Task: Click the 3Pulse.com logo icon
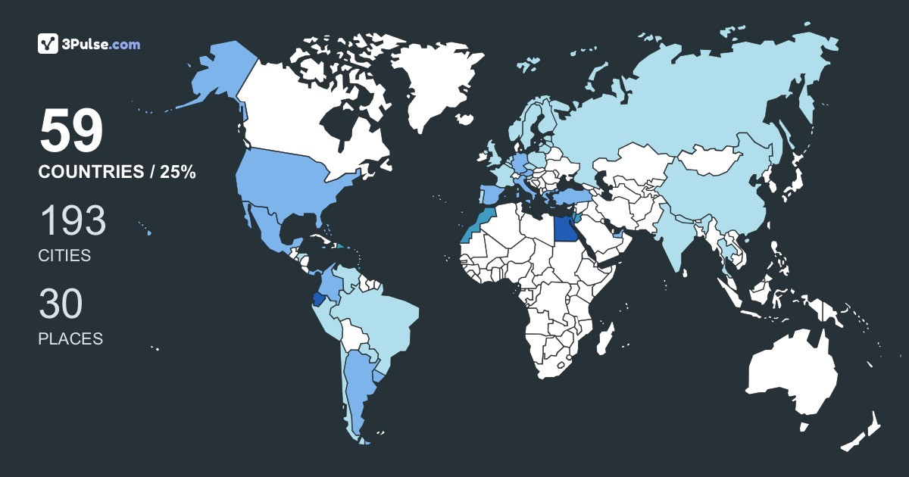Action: pyautogui.click(x=48, y=44)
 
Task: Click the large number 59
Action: pyautogui.click(x=71, y=132)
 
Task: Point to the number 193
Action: pyautogui.click(x=72, y=222)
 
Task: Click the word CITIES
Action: pyautogui.click(x=64, y=256)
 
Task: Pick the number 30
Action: pyautogui.click(x=61, y=304)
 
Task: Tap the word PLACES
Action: pyautogui.click(x=70, y=338)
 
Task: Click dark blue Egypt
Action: pyautogui.click(x=564, y=227)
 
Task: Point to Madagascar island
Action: pyautogui.click(x=604, y=338)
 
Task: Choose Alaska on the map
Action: pyautogui.click(x=220, y=72)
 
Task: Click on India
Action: pyautogui.click(x=679, y=235)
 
